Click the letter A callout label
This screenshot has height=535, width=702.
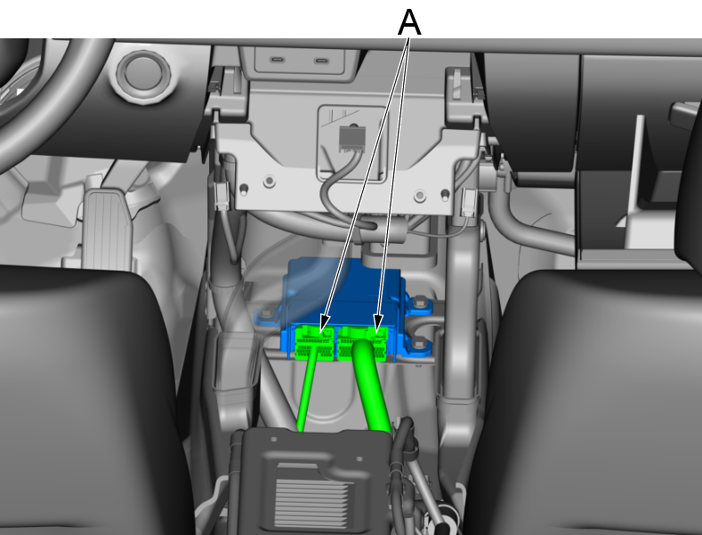[x=409, y=22]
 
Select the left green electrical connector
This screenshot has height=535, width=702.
[x=314, y=343]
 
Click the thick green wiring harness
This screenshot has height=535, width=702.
[x=371, y=385]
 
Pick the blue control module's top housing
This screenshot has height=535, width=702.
[x=344, y=287]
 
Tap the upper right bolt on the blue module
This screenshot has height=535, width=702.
[x=419, y=304]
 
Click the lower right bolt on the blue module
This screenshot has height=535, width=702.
[x=418, y=345]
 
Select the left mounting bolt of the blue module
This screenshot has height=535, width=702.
[x=268, y=312]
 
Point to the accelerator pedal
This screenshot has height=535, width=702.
[x=108, y=230]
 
